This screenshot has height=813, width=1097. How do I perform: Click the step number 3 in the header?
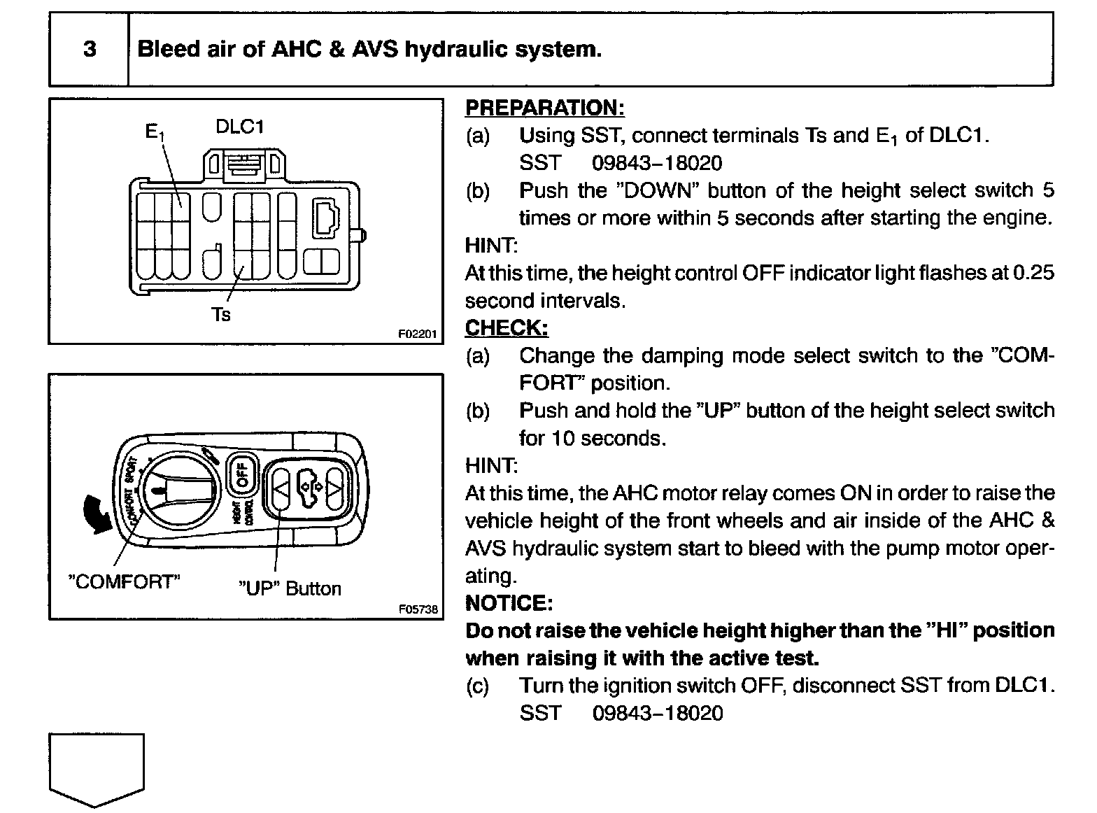[90, 50]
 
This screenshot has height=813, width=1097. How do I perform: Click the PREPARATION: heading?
[544, 108]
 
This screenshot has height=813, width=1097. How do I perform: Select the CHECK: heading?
[507, 328]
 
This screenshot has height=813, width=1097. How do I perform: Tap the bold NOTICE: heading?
[509, 603]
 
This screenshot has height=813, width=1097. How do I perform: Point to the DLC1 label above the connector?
[239, 127]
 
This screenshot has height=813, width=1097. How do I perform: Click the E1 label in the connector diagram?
[154, 131]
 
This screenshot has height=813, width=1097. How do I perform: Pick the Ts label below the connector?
[220, 315]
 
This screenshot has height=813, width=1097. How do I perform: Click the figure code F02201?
[417, 334]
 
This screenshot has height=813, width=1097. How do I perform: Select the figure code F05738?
[418, 609]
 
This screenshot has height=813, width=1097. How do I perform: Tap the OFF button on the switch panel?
[242, 475]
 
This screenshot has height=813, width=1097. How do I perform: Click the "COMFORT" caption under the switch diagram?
[124, 582]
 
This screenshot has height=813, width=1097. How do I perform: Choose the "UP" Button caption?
[290, 588]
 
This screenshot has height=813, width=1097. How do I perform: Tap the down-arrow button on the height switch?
[334, 483]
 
